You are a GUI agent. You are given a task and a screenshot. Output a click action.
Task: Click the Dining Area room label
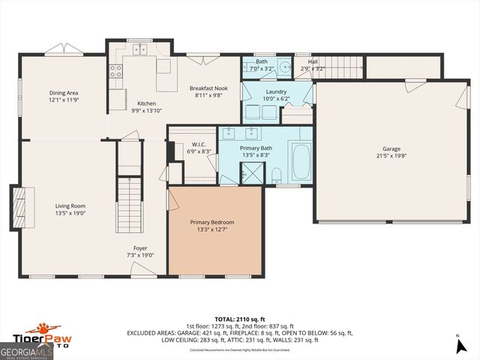tap(64, 93)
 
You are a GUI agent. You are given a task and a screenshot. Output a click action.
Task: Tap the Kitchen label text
tap(145, 103)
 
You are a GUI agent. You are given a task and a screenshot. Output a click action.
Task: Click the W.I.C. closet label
tap(199, 144)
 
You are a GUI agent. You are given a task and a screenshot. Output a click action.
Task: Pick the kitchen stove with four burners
tap(116, 71)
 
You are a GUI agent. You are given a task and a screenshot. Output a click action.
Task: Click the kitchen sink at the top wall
tap(139, 50)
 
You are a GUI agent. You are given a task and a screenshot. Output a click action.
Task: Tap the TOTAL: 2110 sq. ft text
tap(240, 318)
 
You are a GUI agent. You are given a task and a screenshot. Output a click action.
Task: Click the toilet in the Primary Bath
tap(277, 175)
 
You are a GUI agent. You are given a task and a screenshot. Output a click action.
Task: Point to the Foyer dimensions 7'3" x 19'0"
tap(140, 255)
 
